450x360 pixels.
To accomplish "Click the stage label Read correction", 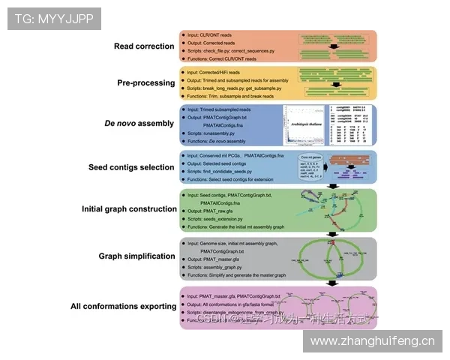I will [x=144, y=46].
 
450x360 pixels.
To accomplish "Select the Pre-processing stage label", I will [x=145, y=82].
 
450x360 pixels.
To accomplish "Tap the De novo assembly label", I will [x=139, y=123].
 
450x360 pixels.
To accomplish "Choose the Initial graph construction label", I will [x=129, y=208].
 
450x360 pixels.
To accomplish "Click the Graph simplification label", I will [x=136, y=256].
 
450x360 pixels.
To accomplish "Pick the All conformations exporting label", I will [x=123, y=306].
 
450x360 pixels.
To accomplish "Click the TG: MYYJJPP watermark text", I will [x=54, y=19].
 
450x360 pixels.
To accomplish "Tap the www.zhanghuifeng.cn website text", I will [x=372, y=342].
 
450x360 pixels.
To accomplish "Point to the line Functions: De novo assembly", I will [x=218, y=141].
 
